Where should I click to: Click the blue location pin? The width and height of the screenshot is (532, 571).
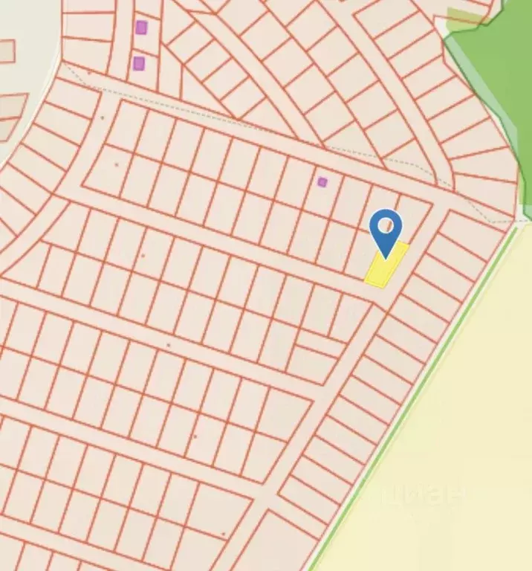point(386,230)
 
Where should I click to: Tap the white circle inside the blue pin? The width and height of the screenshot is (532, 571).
point(386,224)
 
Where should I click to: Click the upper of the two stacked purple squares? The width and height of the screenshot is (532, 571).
point(141,28)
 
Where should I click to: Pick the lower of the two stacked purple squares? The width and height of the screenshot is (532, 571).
point(139,63)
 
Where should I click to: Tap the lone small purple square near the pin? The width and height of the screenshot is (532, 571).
point(322,181)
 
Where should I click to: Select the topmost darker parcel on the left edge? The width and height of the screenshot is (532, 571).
point(6,51)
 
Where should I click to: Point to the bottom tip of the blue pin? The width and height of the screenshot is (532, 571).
point(386,257)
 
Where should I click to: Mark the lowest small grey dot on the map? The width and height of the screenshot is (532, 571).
point(223,534)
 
